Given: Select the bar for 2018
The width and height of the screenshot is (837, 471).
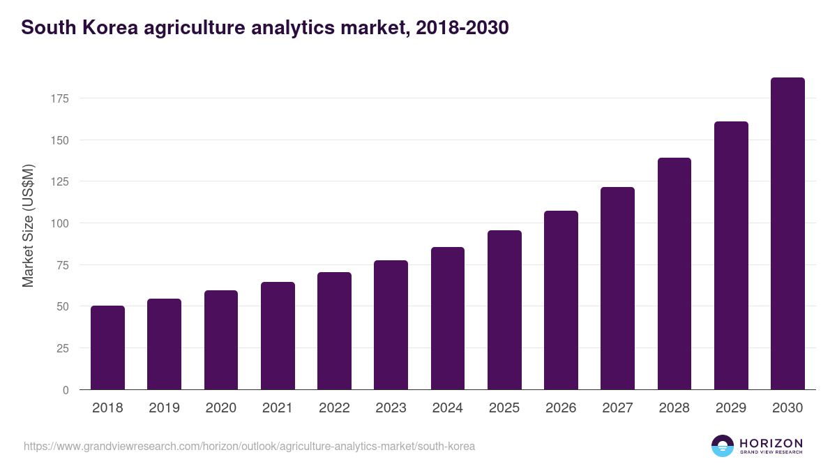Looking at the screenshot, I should [107, 347].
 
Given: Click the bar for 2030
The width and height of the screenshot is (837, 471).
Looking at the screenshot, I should [787, 234].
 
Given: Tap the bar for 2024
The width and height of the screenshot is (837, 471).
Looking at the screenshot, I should [448, 318].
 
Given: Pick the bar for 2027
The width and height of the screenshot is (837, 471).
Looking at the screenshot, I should [617, 288].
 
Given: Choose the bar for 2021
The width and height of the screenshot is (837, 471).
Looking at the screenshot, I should [278, 336].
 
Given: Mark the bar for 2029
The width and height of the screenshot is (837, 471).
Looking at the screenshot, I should [731, 255].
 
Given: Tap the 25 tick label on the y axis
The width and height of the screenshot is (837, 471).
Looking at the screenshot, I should [63, 348].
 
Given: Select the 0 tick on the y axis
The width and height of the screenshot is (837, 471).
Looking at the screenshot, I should [66, 390].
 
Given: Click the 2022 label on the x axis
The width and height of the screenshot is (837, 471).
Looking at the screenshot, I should [334, 408].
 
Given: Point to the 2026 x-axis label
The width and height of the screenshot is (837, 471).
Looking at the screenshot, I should [561, 408].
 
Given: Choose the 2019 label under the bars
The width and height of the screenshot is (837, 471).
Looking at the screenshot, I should [164, 408].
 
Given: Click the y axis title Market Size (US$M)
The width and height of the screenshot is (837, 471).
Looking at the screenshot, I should [28, 226].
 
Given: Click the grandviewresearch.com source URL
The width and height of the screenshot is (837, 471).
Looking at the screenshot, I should [249, 446].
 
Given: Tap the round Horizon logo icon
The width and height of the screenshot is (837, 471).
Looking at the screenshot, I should [723, 446].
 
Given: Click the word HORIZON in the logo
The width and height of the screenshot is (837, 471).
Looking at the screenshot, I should [771, 443].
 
